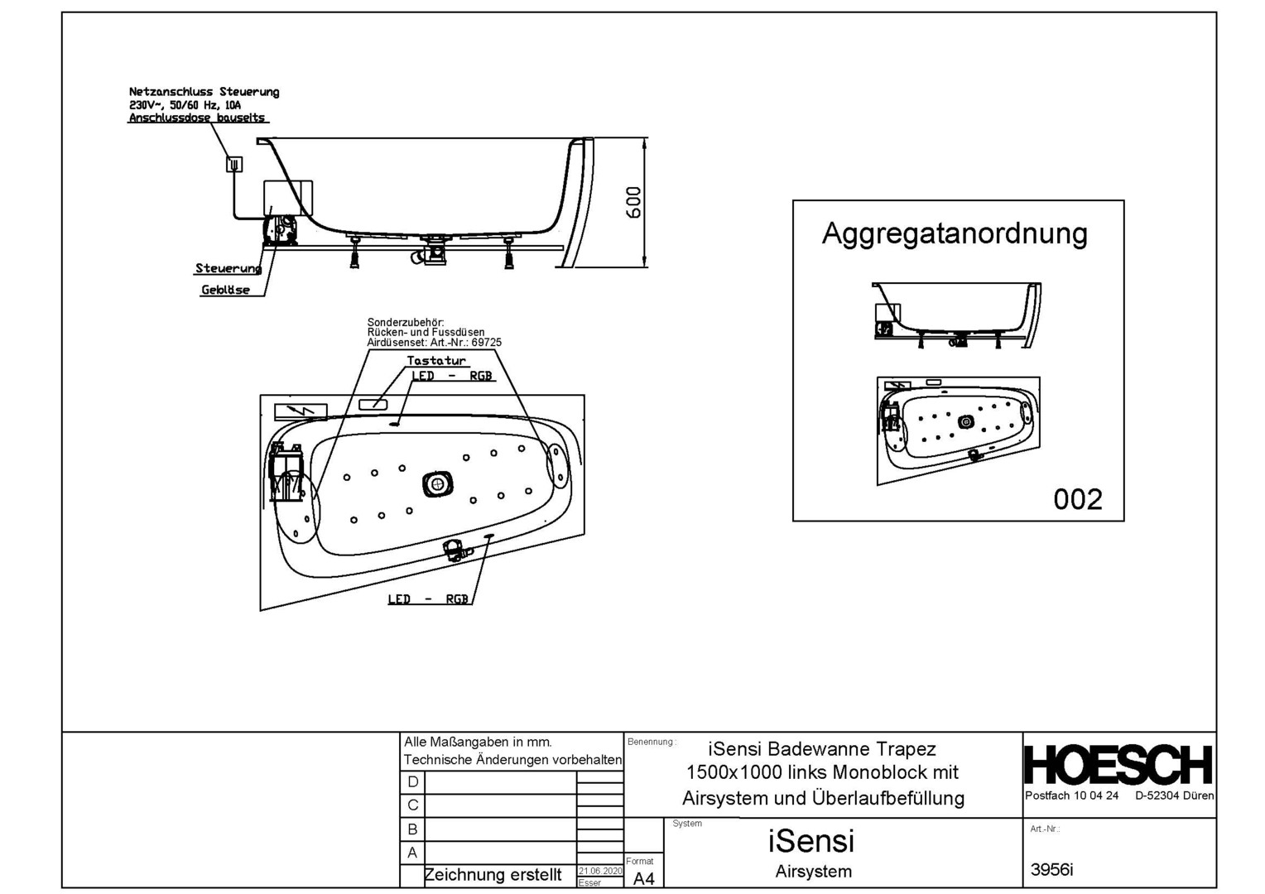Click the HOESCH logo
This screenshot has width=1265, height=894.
coord(1118,765)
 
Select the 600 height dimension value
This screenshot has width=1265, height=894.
coord(633,203)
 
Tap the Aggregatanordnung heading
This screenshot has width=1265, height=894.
coord(955,233)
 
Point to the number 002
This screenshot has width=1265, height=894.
coord(1077,499)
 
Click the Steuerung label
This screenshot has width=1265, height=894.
coord(228,268)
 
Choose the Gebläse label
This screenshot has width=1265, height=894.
coord(225,290)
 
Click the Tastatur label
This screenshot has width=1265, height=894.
coord(436,361)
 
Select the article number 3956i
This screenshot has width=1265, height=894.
coord(1051,869)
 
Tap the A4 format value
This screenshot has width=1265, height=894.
coord(643,879)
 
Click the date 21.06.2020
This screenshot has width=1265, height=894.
coord(599,871)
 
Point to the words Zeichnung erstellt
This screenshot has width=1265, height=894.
coord(493,875)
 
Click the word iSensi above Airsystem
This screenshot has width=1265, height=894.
coord(810,841)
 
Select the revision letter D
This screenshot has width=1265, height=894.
coord(412,781)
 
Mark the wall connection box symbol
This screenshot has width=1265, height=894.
coord(234,164)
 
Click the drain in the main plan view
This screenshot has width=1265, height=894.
coord(437,483)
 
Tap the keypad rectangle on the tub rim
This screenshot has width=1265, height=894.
coord(373,404)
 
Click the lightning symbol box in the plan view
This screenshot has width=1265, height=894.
coord(301,411)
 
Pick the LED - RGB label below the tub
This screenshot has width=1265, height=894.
coord(428,599)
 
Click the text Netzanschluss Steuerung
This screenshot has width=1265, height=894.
coord(204,92)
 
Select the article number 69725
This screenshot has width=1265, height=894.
coord(486,343)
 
